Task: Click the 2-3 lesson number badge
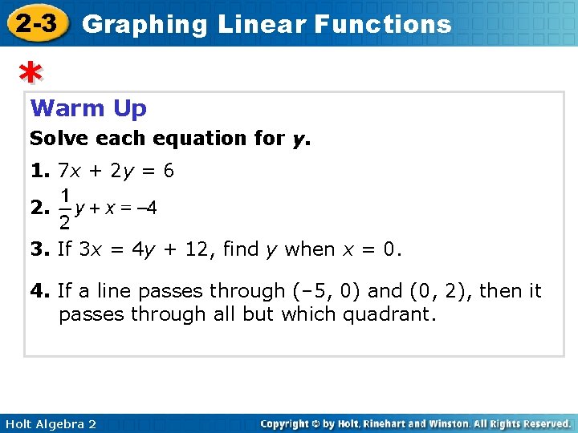coord(36,23)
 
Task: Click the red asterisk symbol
coord(31,75)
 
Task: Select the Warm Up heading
coord(88,107)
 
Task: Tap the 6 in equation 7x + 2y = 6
coord(169,171)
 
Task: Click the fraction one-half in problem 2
coord(65,208)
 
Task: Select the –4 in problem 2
coord(146,208)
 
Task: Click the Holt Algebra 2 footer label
coord(49,423)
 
